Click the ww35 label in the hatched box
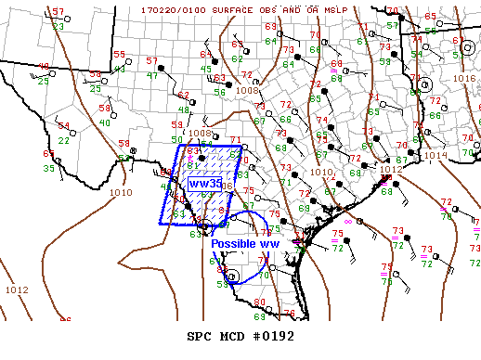pos(204,184)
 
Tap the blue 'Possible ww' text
pos(244,243)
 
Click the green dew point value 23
pos(58,26)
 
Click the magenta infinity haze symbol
pos(348,222)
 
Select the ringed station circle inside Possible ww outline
pos(232,275)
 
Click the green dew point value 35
pos(48,168)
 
